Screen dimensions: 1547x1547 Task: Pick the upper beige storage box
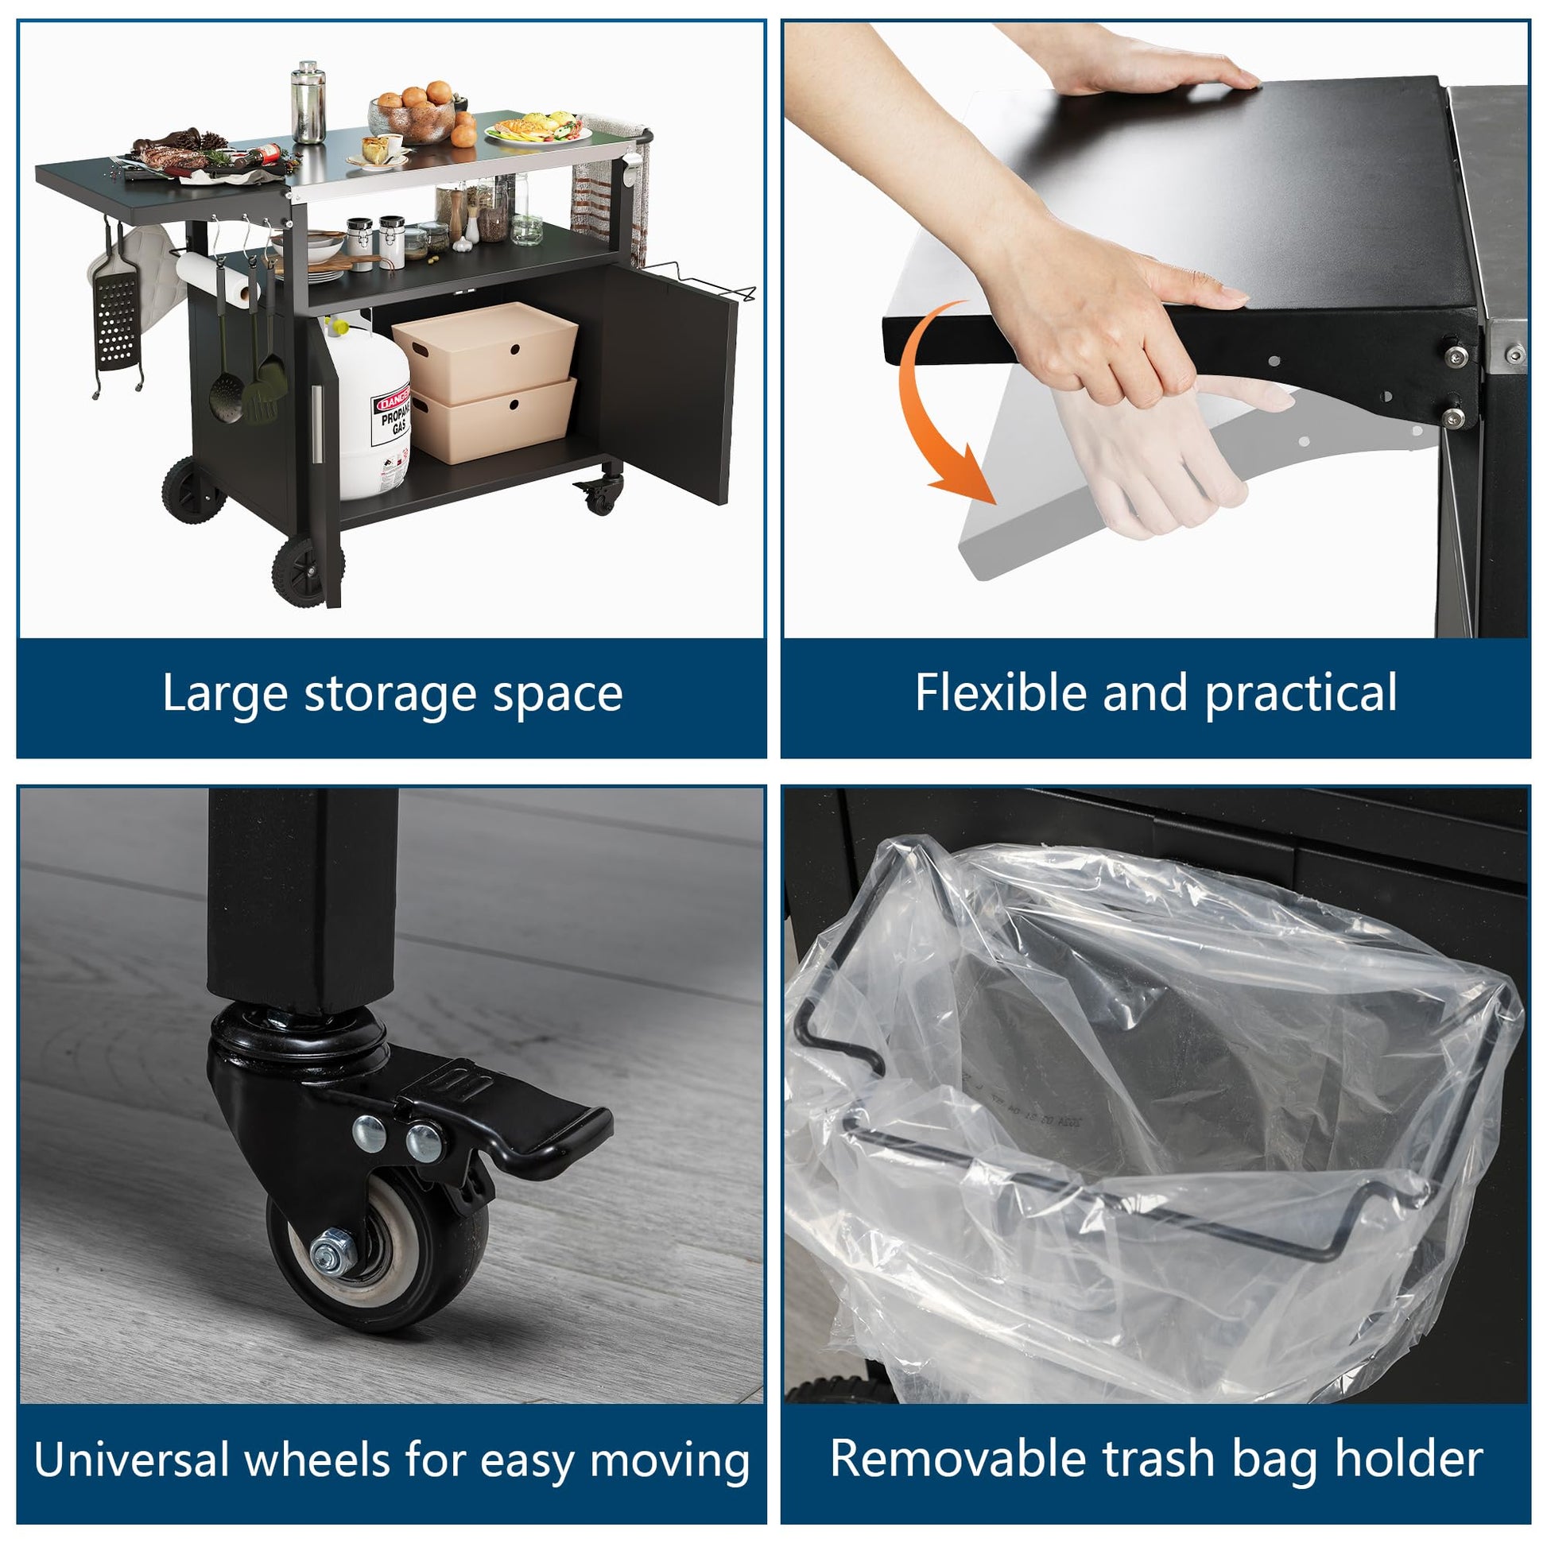[485, 352]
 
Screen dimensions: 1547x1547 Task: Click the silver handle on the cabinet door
[317, 424]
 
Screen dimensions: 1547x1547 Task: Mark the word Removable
[958, 1458]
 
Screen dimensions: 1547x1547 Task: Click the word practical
[1302, 693]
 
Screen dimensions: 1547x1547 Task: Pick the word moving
[669, 1462]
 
